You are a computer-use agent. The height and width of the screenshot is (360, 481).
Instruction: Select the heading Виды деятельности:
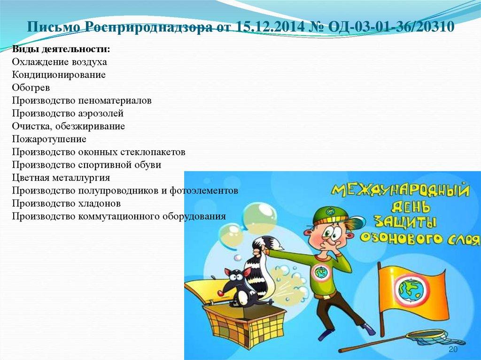tap(62, 49)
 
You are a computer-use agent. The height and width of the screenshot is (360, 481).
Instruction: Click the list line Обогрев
tap(31, 88)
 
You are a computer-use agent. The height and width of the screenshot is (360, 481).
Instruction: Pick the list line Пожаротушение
tap(49, 139)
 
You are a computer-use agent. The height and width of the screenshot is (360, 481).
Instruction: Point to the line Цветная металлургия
tap(61, 178)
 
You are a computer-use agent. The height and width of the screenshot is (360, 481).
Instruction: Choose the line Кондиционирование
tap(59, 75)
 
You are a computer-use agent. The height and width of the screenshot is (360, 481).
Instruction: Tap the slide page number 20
tap(453, 350)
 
